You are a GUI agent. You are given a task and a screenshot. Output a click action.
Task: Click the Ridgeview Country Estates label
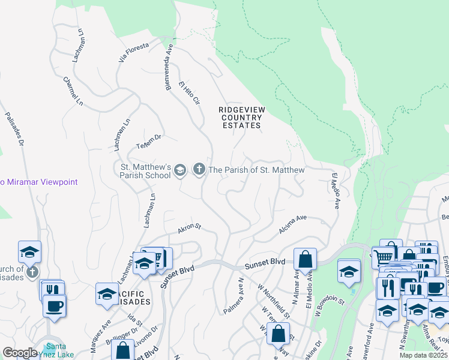(x=241, y=117)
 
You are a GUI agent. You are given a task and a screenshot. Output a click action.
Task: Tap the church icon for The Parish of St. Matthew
(x=199, y=170)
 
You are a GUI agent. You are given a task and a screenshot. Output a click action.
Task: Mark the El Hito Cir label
(x=188, y=94)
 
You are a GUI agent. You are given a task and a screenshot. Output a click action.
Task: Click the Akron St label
(x=188, y=229)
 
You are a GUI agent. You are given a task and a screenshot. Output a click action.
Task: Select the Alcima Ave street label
(x=293, y=226)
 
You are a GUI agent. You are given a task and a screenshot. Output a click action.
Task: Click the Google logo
(x=20, y=353)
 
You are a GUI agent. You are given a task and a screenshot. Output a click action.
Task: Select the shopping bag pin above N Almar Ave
(x=305, y=259)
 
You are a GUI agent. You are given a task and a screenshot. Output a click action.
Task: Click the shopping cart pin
(x=383, y=257)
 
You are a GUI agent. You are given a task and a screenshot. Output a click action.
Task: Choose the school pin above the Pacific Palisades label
(x=106, y=294)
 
